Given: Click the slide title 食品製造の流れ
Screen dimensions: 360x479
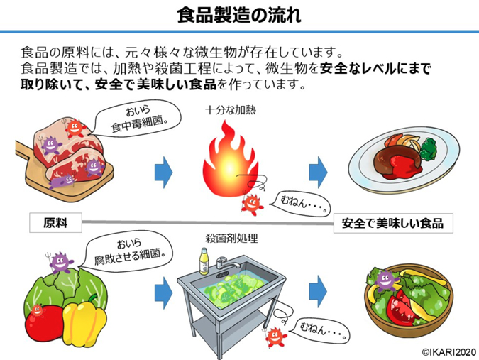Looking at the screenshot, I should pos(239,14).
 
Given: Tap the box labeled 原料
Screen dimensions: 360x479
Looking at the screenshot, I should pos(55,222).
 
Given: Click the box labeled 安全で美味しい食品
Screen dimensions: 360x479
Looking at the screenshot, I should pos(392,222).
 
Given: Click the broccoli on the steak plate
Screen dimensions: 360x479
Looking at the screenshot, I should pos(429,148).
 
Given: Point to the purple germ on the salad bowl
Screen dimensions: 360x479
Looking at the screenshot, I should pos(385,278).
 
